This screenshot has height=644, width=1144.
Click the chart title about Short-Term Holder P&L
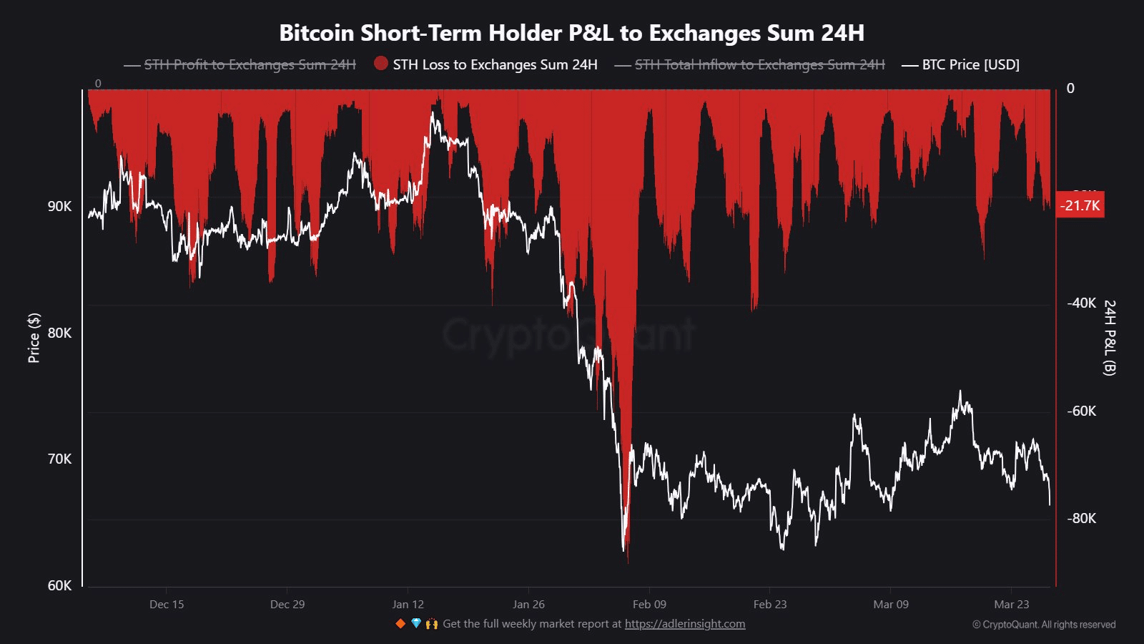pos(571,33)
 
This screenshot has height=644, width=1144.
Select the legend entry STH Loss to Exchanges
pos(495,64)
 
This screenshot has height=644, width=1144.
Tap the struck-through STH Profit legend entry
pos(250,64)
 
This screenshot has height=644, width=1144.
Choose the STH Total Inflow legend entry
pos(759,64)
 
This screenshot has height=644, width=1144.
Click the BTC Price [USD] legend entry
pos(970,64)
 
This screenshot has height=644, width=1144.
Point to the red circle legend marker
pos(381,64)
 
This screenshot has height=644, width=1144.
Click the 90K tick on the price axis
pos(60,206)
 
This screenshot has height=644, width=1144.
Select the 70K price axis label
pos(60,459)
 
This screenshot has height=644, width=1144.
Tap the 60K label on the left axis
pos(60,585)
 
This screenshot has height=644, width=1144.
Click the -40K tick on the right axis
pos(1081,303)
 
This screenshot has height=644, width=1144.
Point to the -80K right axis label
pos(1081,518)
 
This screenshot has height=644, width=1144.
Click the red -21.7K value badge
pos(1080,205)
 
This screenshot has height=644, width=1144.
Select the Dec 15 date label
pos(167,605)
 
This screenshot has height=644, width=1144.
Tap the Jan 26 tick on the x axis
pos(528,605)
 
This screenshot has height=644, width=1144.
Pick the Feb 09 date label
pos(649,605)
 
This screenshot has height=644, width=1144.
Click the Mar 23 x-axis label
pos(1011,605)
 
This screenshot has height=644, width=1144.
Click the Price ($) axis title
pos(34,338)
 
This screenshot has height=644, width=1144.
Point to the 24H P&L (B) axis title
pos(1109,338)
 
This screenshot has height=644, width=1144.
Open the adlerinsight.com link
pos(685,624)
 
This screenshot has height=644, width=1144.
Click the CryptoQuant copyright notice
pos(1044,625)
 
